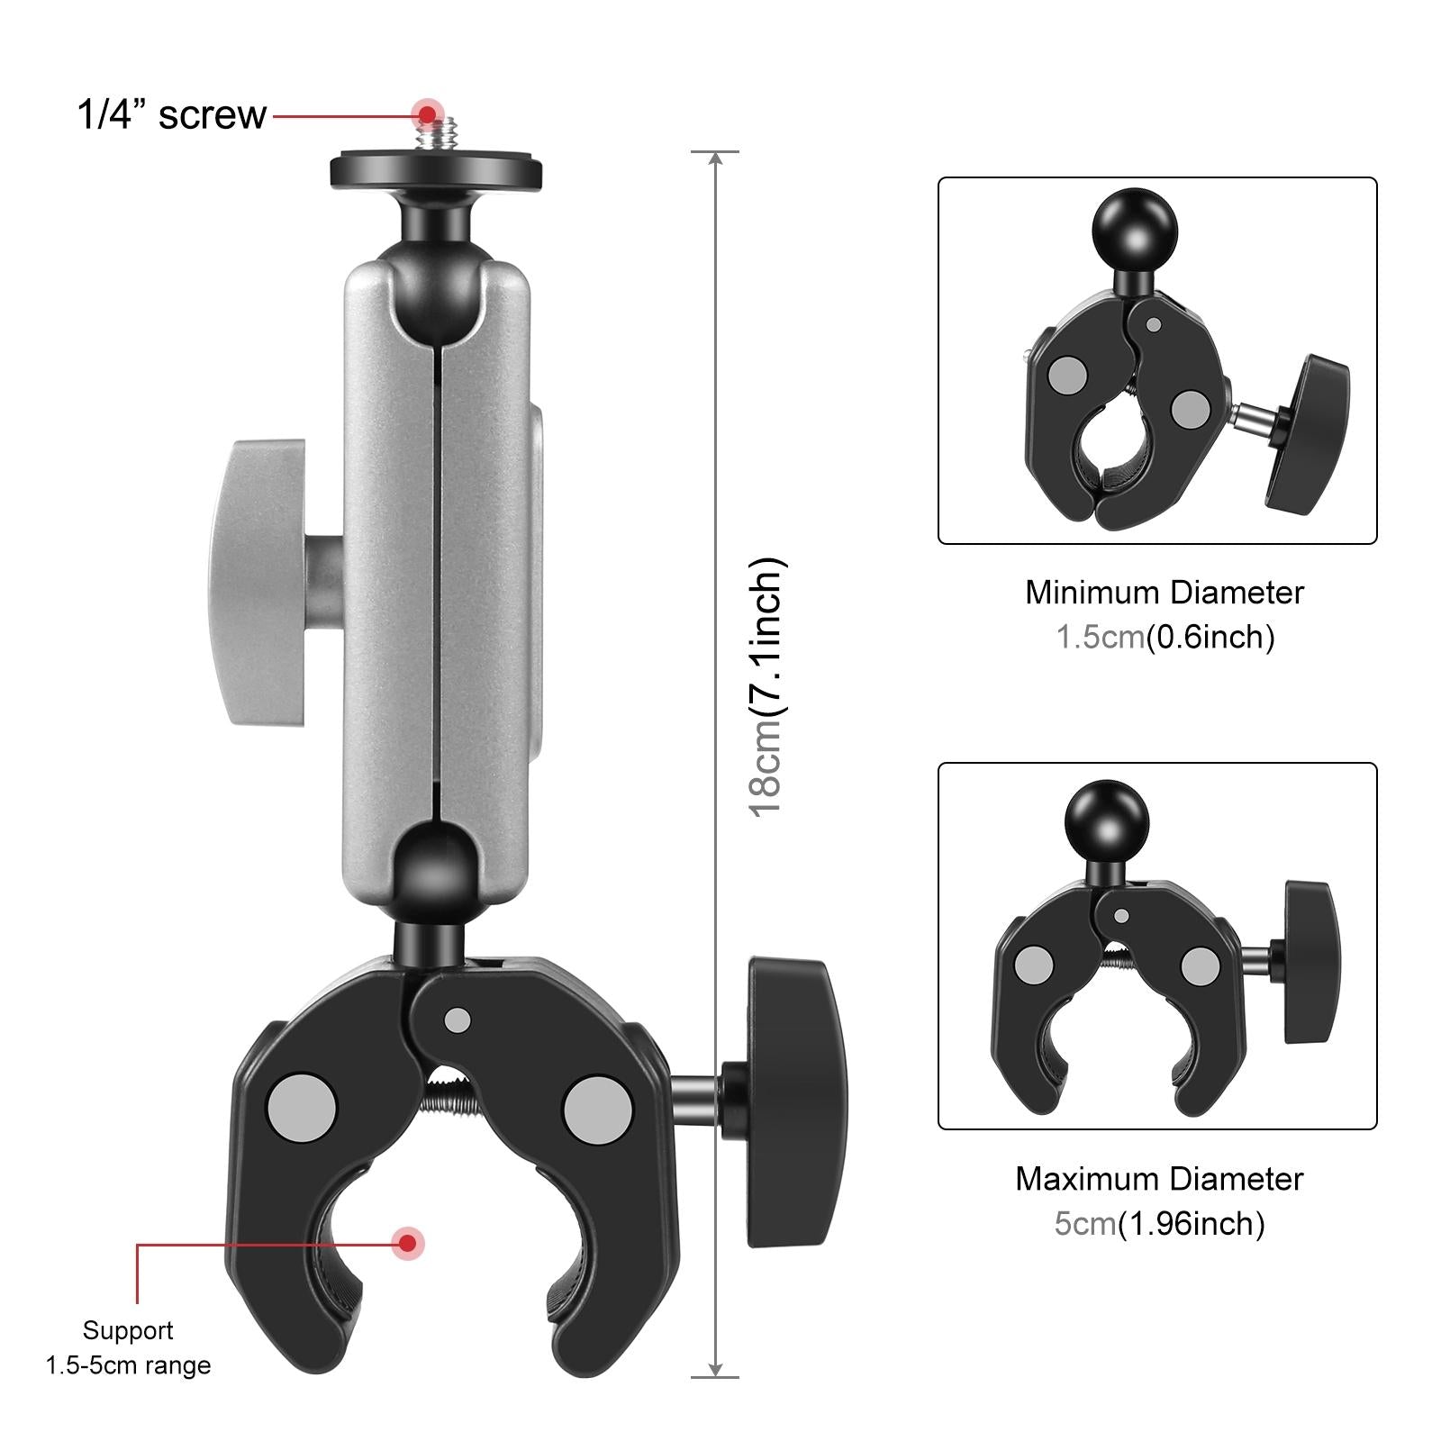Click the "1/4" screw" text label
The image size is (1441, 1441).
pyautogui.click(x=171, y=115)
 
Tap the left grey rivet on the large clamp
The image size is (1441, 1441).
pyautogui.click(x=302, y=1107)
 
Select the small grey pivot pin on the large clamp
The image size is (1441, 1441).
pyautogui.click(x=458, y=1020)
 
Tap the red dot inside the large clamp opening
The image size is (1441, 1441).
pyautogui.click(x=408, y=1243)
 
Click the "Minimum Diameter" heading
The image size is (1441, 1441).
pyautogui.click(x=1164, y=593)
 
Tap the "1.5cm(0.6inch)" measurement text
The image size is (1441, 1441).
pyautogui.click(x=1165, y=638)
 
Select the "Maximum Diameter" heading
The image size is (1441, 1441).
pyautogui.click(x=1159, y=1179)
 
